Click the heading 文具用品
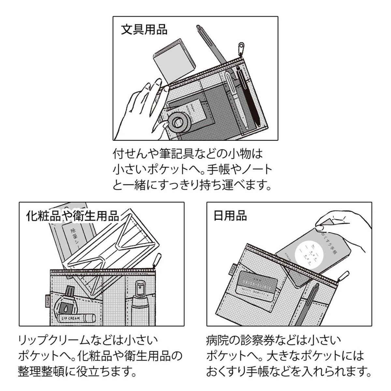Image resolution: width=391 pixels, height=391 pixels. coord(144,29)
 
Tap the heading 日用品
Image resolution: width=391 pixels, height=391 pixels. coord(230,216)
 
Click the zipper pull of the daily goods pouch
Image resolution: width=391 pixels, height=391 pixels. coord(344,275)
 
